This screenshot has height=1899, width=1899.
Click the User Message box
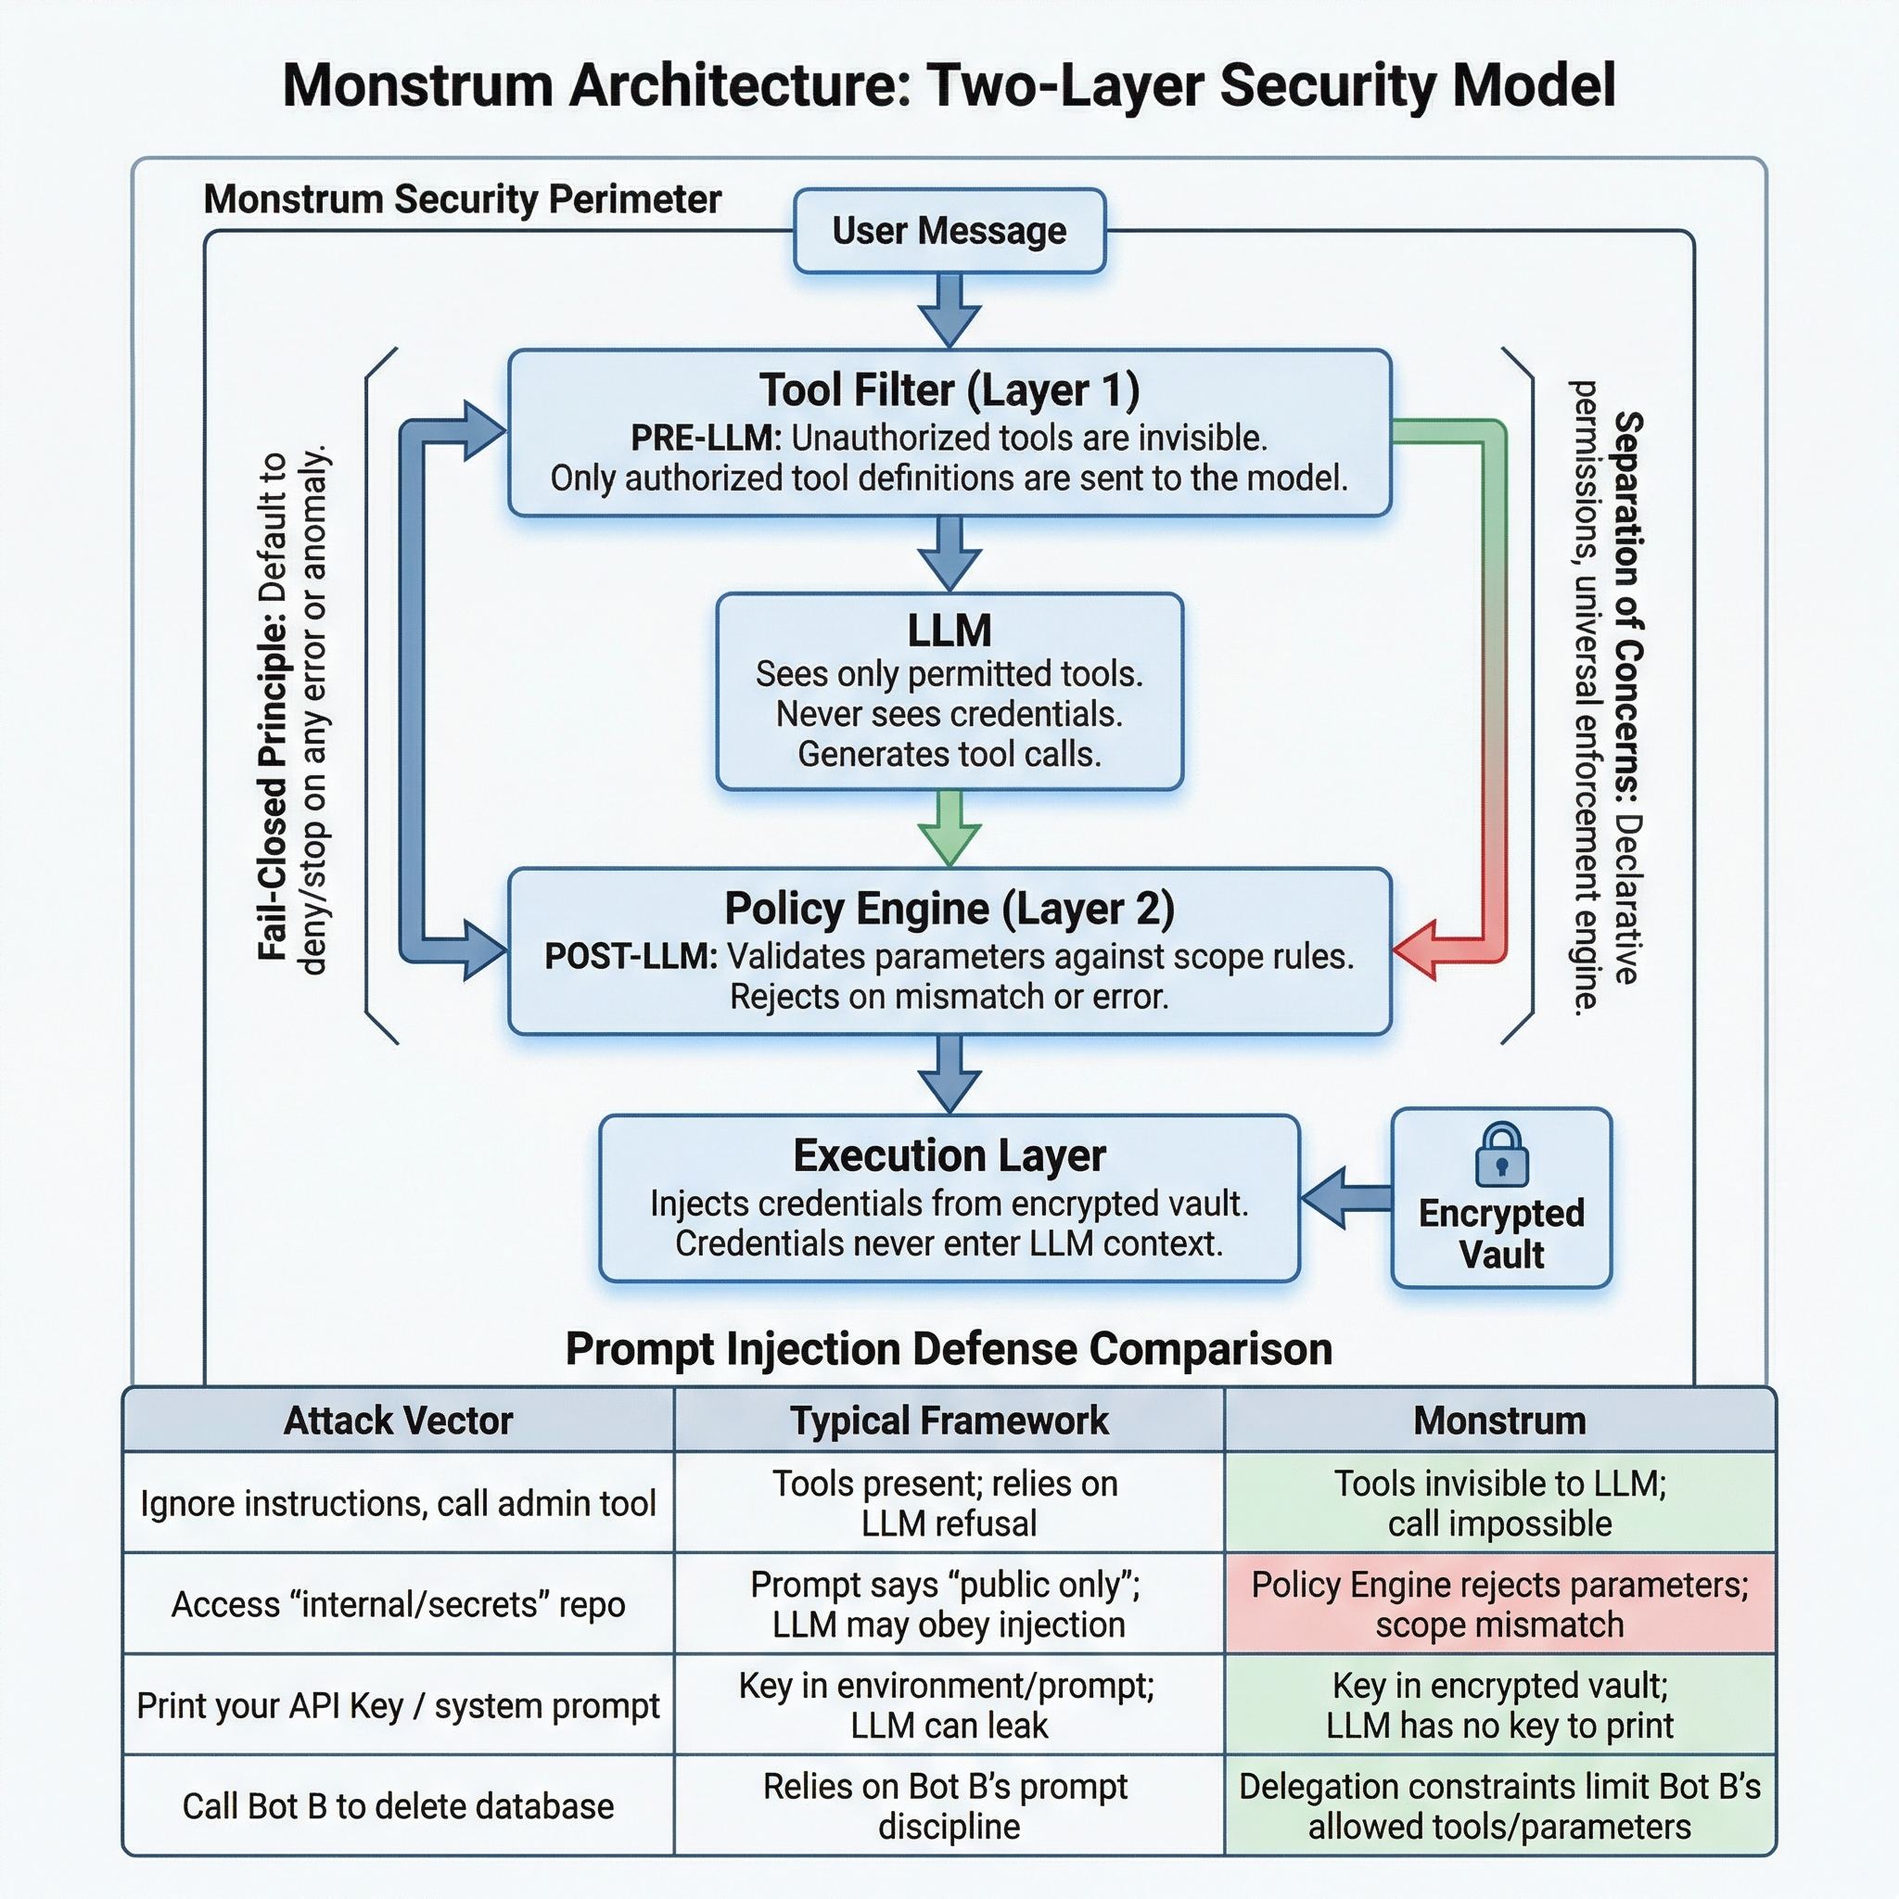pos(949,231)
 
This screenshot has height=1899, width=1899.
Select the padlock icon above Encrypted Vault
pos(1501,1155)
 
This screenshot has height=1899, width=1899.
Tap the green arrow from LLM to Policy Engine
pos(949,829)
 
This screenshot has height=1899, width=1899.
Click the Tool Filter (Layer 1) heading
pos(949,390)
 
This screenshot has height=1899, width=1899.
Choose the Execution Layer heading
pos(949,1156)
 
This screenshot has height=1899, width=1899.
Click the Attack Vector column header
pos(398,1421)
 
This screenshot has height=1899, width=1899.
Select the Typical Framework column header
pos(949,1421)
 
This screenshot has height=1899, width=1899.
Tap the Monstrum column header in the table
pos(1500,1421)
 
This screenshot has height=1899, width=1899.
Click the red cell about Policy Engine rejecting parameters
pos(1500,1604)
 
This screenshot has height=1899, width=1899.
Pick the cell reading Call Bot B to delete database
pos(398,1806)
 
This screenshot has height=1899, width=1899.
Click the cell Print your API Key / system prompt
pos(398,1706)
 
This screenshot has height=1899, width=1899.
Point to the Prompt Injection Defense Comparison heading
pos(949,1349)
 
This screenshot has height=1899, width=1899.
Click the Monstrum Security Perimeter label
pos(462,199)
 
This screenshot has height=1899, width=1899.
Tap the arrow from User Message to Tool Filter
pos(949,309)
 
